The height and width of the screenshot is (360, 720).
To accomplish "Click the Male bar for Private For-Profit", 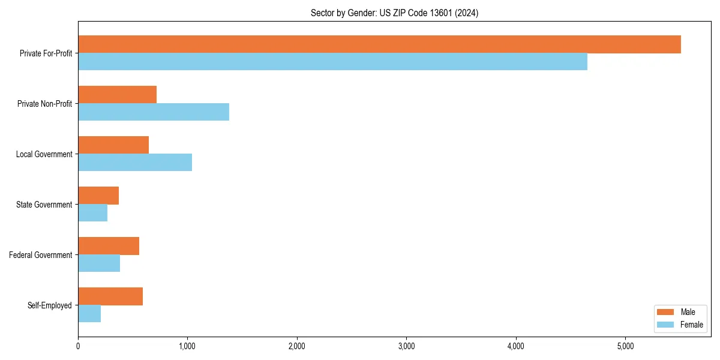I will tap(379, 44).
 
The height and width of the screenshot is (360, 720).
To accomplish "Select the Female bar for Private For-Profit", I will tap(332, 62).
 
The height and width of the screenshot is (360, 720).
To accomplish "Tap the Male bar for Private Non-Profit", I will tap(117, 95).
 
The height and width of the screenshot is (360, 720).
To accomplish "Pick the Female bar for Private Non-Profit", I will tap(154, 112).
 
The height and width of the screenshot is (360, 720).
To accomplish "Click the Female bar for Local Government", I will tap(135, 163).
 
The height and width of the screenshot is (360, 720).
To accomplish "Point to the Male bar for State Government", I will tap(98, 196).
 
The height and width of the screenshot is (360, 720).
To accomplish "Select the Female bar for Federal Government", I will tap(99, 263).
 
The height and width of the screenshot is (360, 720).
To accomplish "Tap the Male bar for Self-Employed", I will tap(110, 296).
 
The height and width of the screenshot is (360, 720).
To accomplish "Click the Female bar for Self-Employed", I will tap(89, 314).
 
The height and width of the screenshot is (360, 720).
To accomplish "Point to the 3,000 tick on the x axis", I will tap(406, 346).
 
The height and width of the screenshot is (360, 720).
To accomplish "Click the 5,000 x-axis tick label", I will tap(625, 346).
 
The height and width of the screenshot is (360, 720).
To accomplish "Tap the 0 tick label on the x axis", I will tap(78, 346).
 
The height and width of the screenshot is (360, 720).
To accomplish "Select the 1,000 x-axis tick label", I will tap(187, 346).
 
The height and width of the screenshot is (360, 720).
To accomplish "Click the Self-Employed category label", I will tap(50, 305).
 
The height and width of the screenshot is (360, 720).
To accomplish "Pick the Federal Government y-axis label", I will tap(41, 255).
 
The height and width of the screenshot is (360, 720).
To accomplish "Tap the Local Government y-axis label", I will tap(44, 154).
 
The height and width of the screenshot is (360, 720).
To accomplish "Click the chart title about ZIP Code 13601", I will tap(394, 13).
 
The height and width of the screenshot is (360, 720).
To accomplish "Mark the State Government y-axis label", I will tap(44, 205).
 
